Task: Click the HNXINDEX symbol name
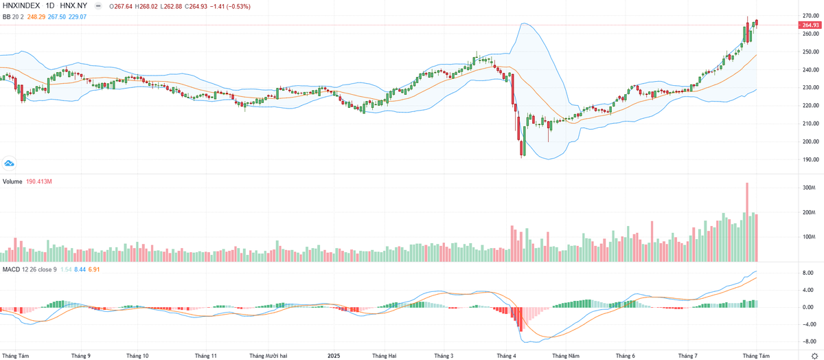pyautogui.click(x=21, y=5)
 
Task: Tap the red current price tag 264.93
pyautogui.click(x=810, y=25)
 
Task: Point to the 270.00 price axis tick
pyautogui.click(x=810, y=16)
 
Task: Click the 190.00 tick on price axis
pyautogui.click(x=810, y=159)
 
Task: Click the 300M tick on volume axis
pyautogui.click(x=808, y=188)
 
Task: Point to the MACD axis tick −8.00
pyautogui.click(x=809, y=341)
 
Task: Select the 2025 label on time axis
pyautogui.click(x=334, y=355)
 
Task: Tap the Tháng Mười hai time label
pyautogui.click(x=267, y=355)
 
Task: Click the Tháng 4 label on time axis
pyautogui.click(x=506, y=355)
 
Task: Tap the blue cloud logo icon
pyautogui.click(x=10, y=164)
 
